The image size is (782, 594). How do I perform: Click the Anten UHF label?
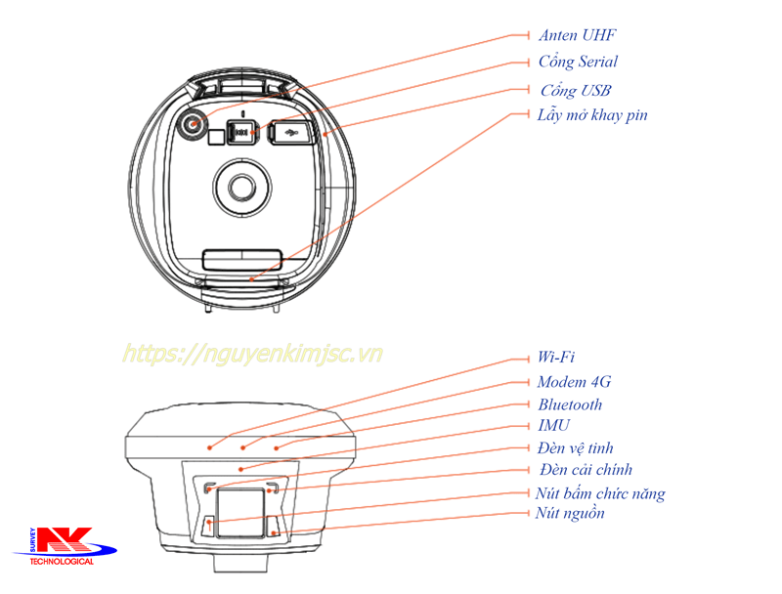coord(577,35)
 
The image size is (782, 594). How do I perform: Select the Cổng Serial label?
coord(578,62)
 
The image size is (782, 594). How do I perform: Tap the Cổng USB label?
coord(576,90)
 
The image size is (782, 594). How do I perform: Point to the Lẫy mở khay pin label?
coord(592,115)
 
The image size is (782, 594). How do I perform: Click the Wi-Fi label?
coord(556,357)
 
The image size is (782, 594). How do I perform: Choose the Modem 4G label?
coord(574,382)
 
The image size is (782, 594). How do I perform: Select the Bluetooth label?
coord(570,404)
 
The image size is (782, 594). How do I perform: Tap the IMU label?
coord(553,426)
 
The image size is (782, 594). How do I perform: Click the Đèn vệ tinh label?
coord(576,448)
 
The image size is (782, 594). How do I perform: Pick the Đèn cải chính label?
coord(586,469)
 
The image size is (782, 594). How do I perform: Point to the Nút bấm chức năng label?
coord(600,493)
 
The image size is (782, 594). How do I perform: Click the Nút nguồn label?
coord(570,513)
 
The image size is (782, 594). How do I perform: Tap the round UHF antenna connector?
coord(192,123)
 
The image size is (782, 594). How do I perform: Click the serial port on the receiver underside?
coord(242,132)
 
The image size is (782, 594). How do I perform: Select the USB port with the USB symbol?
coord(291,133)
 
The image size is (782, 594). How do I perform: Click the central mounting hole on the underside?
coord(242,188)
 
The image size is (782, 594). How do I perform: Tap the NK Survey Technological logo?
coord(64,546)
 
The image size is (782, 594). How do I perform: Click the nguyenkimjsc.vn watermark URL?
coord(252,354)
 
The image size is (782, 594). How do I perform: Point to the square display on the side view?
coord(239,513)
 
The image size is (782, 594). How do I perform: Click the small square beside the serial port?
coord(216,137)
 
